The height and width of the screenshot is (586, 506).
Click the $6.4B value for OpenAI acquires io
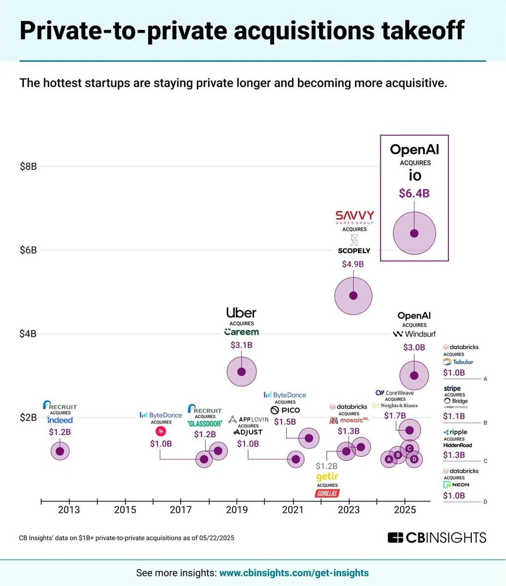(414, 193)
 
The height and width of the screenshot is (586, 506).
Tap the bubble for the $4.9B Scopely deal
(353, 295)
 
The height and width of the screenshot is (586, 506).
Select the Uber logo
(241, 313)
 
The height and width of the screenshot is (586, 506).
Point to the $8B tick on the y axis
(28, 167)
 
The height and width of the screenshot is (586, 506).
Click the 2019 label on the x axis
(237, 510)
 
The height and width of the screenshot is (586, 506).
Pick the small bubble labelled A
(389, 459)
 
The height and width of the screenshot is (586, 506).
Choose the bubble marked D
(414, 459)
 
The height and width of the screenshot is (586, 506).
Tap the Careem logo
(241, 332)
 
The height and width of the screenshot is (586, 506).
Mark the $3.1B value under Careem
(241, 346)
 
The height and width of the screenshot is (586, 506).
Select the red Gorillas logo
(327, 493)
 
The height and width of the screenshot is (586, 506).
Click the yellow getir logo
(327, 477)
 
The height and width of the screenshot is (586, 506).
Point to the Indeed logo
(60, 420)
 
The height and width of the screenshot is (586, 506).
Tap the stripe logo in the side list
(452, 389)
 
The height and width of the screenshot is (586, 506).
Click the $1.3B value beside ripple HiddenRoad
(454, 455)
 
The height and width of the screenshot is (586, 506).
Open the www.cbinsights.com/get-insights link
(294, 573)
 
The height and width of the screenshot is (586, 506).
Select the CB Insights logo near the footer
(437, 538)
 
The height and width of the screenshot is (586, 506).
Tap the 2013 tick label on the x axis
(69, 510)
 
